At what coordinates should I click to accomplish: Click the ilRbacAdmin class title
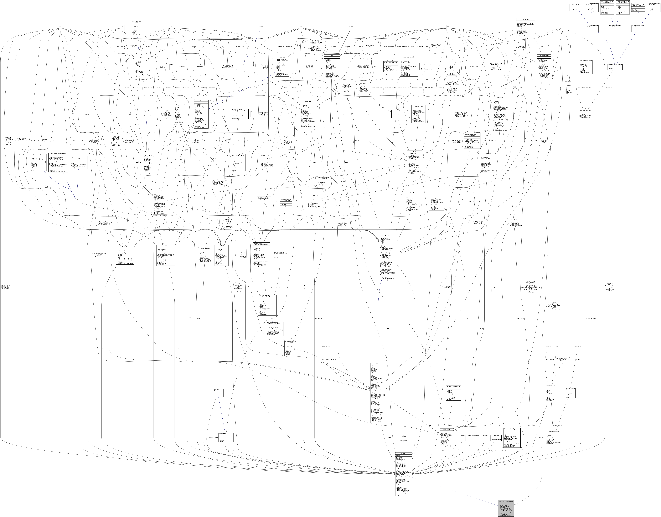point(487,154)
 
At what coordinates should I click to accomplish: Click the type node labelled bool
point(61,26)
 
